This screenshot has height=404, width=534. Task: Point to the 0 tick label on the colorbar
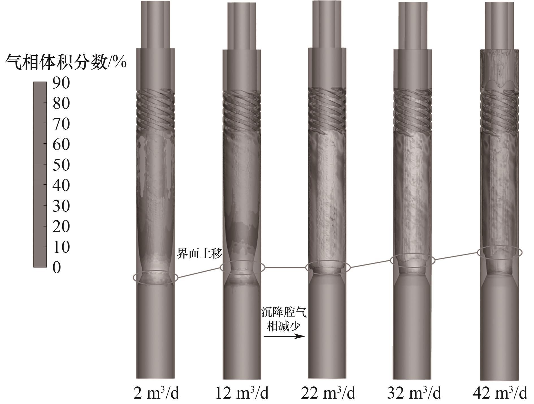(57, 267)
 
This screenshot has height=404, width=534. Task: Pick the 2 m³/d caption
(156, 393)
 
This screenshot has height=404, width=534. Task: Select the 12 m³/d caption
(242, 393)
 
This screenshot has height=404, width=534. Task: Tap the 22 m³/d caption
(328, 393)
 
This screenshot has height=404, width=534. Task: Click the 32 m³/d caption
(414, 393)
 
